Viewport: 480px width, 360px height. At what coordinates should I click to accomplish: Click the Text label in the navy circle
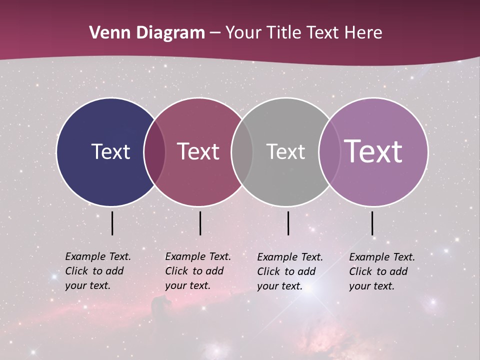pyautogui.click(x=110, y=151)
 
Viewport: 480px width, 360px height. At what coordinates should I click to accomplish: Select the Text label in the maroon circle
pyautogui.click(x=198, y=151)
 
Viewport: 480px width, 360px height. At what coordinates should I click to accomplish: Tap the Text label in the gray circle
pyautogui.click(x=285, y=151)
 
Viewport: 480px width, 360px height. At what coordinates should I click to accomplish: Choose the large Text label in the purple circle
pyautogui.click(x=373, y=151)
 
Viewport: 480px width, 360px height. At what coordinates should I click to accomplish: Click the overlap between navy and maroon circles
pyautogui.click(x=154, y=151)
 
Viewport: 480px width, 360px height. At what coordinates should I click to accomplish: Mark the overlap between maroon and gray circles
pyautogui.click(x=242, y=151)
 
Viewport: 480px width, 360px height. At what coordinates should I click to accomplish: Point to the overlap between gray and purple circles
pyautogui.click(x=329, y=151)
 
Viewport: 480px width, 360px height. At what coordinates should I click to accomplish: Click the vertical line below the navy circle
pyautogui.click(x=112, y=223)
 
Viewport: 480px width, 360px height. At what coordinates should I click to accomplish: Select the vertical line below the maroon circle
pyautogui.click(x=200, y=223)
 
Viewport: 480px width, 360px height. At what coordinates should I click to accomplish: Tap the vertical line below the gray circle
pyautogui.click(x=288, y=223)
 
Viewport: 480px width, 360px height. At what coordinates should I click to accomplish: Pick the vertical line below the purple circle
pyautogui.click(x=372, y=223)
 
